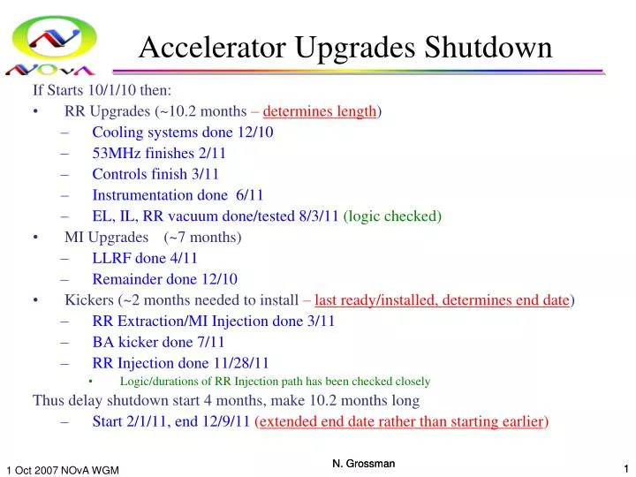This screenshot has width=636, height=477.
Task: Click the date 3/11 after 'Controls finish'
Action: point(203,174)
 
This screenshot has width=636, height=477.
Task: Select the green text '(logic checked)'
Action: point(392,216)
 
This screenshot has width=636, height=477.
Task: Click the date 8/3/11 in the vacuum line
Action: point(318,216)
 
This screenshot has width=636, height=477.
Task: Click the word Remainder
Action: point(125,279)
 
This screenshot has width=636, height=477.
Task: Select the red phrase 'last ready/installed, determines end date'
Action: point(442,300)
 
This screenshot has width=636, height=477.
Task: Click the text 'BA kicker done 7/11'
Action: point(158,342)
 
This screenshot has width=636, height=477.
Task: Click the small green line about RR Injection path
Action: point(275,382)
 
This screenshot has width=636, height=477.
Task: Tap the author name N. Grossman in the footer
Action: point(363,464)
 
